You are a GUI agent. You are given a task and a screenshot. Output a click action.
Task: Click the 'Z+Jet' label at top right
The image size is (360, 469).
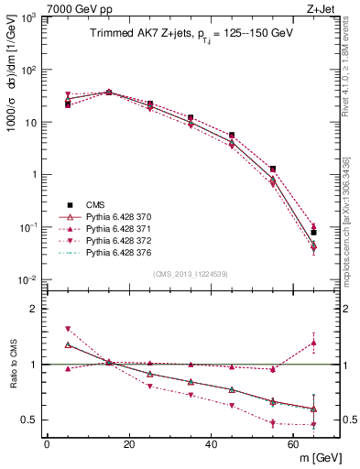[322, 8]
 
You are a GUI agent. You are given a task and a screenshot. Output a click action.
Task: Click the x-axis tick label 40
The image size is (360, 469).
[212, 444]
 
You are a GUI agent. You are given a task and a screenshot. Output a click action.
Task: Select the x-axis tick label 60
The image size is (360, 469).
[294, 444]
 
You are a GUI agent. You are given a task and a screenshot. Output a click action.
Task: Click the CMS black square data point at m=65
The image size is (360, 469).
[314, 233]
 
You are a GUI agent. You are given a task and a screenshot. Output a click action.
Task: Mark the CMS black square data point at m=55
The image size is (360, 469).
[273, 169]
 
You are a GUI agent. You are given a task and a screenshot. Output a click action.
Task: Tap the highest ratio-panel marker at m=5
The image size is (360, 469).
[68, 329]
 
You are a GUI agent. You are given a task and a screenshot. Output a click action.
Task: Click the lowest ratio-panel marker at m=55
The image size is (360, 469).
[273, 423]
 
